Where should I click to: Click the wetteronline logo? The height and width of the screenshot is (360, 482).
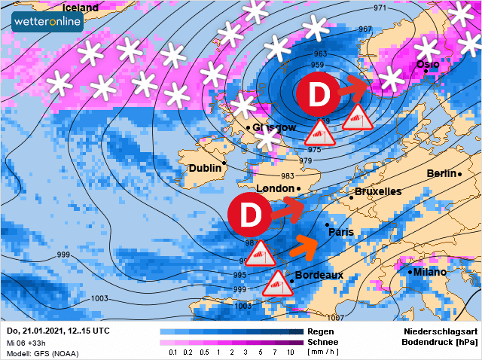47,21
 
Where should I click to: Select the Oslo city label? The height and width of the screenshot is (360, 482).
428,66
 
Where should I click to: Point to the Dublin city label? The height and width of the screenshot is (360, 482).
205,168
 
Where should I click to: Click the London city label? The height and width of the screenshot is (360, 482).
275,188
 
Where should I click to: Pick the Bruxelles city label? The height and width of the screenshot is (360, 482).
378,192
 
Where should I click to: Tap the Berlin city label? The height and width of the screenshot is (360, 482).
441,173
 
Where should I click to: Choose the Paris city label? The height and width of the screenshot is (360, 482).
341,232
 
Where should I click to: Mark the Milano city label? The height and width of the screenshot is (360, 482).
430,272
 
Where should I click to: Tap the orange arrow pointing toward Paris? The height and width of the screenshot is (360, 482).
305,244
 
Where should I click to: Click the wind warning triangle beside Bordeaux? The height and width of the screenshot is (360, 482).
276,285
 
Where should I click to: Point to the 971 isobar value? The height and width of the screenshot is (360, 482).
380,8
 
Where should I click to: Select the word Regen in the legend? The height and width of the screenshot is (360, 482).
322,331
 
